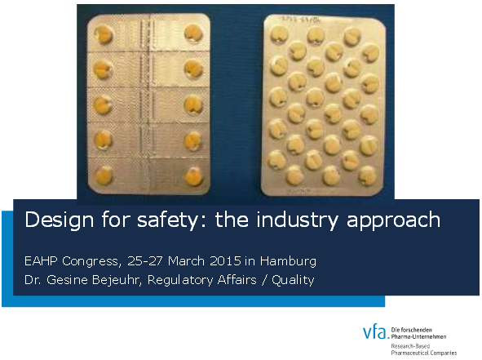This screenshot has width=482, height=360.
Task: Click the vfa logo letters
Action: coord(375,332)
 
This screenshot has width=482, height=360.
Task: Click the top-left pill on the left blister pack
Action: coord(104,34)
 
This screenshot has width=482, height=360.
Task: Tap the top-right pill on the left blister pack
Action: coord(192,33)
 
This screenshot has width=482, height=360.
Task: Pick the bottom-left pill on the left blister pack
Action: coord(105,175)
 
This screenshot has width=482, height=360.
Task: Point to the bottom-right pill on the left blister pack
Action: coord(193,175)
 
